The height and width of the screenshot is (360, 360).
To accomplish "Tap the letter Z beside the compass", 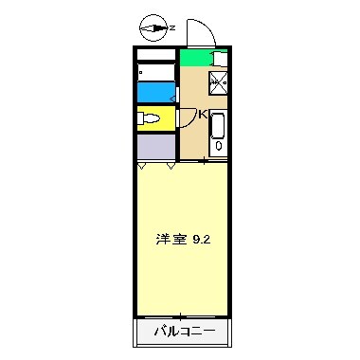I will point(172,28).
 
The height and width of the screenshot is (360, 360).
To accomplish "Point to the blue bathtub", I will point(156,91).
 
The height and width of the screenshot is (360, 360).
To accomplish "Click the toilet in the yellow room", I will point(149,119).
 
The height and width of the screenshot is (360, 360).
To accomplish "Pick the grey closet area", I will point(156,147).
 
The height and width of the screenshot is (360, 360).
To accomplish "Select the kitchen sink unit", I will point(217,131).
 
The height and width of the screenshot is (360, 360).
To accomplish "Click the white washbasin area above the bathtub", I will point(156,72).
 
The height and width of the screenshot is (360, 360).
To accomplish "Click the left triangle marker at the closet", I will point(142,167).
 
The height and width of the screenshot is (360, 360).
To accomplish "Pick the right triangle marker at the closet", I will point(171,167).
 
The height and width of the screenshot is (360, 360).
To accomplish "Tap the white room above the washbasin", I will point(156,54).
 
